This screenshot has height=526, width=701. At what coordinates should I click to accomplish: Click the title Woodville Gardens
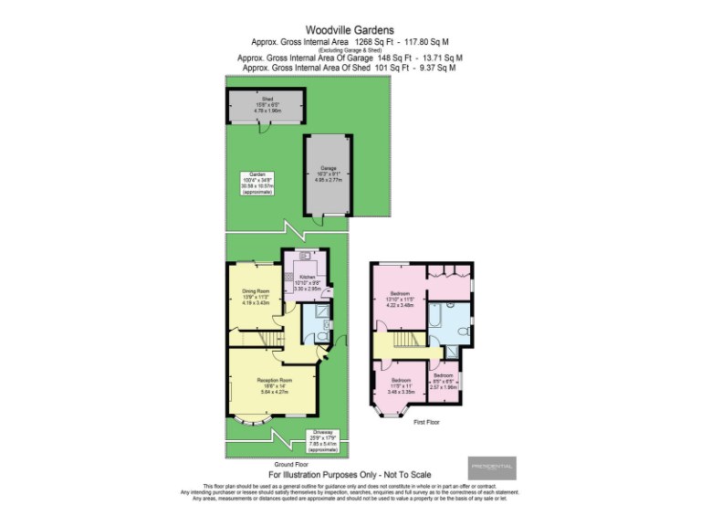350,29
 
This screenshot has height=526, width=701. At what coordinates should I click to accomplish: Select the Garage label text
328,171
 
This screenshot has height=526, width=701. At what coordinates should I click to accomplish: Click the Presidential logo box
492,468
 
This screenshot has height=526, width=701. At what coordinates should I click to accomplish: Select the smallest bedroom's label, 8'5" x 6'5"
444,381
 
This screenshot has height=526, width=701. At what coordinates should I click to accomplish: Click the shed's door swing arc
264,131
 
